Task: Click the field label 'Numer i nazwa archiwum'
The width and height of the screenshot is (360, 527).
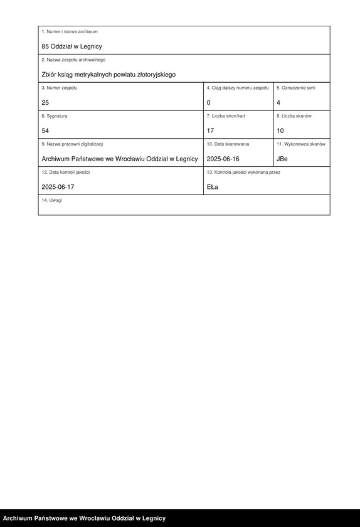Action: pyautogui.click(x=70, y=31)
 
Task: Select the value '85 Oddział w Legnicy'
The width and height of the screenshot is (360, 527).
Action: pyautogui.click(x=71, y=46)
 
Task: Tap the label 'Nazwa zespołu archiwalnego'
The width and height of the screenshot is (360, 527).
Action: pyautogui.click(x=73, y=60)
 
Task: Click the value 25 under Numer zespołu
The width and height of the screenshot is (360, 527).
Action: pyautogui.click(x=45, y=102)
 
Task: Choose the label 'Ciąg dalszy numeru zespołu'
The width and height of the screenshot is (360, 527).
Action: pyautogui.click(x=238, y=88)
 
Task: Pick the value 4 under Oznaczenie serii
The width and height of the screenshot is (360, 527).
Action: pyautogui.click(x=278, y=102)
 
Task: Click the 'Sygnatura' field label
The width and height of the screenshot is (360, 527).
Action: pyautogui.click(x=55, y=116)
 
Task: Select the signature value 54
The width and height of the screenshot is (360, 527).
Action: pyautogui.click(x=45, y=130)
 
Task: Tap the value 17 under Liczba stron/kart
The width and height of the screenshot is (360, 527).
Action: pyautogui.click(x=211, y=130)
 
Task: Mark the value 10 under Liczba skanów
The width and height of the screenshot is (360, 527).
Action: pyautogui.click(x=280, y=130)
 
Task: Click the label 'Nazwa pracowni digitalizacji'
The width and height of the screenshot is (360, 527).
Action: pyautogui.click(x=72, y=144)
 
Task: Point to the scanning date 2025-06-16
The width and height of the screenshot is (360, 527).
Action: pyautogui.click(x=223, y=159)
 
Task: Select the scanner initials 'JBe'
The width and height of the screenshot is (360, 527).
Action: pyautogui.click(x=282, y=159)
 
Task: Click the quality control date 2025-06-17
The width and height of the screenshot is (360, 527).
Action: pyautogui.click(x=58, y=187)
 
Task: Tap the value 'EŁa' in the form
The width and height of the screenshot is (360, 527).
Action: pyautogui.click(x=213, y=187)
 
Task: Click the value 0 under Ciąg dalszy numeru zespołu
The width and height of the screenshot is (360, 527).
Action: pyautogui.click(x=209, y=102)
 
